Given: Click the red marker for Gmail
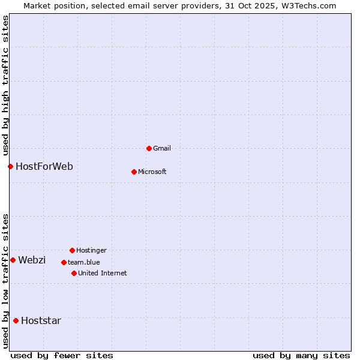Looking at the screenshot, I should tap(149, 148).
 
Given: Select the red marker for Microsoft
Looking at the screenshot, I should tap(134, 172).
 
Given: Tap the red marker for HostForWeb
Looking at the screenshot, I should tap(10, 166).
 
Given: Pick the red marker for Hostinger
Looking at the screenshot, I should tap(72, 250).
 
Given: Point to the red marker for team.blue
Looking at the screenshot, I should tap(64, 262).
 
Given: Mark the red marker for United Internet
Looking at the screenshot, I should tap(74, 273).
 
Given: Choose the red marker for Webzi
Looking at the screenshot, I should tap(13, 260).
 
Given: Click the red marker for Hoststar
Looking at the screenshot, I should tap(16, 320).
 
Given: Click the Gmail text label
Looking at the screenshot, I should tap(162, 148).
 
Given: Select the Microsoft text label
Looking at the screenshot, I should tap(152, 172).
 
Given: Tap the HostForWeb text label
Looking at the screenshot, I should tap(44, 166).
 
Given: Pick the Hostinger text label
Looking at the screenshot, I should tap(91, 250).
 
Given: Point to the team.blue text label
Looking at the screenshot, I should tap(84, 262).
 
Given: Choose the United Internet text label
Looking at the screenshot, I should tap(103, 273).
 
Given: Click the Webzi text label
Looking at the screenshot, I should tap(32, 260).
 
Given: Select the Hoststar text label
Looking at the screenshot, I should tap(41, 320).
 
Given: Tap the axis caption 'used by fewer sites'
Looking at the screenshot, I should tap(62, 355).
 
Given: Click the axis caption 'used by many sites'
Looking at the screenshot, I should tap(301, 355).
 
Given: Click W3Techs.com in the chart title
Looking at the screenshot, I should tap(307, 5).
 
